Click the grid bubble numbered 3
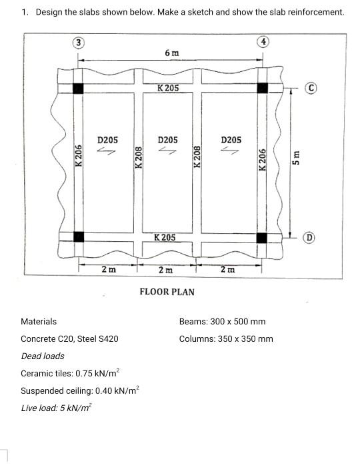point(79,43)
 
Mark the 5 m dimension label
point(297,157)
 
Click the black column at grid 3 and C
point(78,88)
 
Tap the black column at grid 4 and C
point(262,88)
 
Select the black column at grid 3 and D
point(79,236)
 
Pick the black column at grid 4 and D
point(262,237)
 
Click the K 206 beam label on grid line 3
point(79,157)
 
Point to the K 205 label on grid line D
point(165,237)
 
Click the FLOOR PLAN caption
point(167,291)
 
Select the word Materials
point(39,321)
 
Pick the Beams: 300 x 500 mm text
point(222,321)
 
